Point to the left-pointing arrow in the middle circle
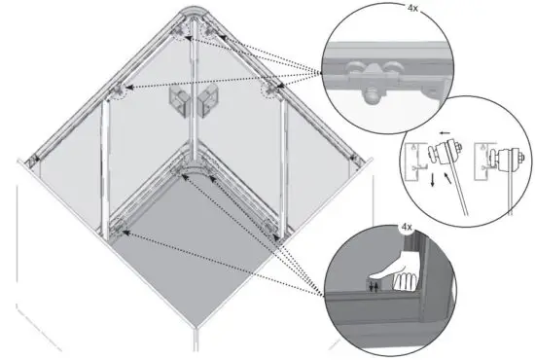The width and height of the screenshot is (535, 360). coord(443,137)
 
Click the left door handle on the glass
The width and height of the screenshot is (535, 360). coord(179,100)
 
